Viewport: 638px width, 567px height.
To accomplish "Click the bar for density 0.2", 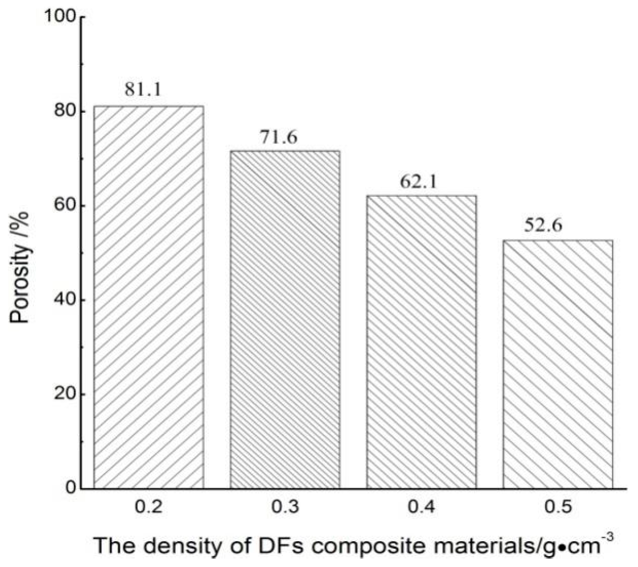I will click(x=149, y=297).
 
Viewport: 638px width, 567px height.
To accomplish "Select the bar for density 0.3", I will click(x=285, y=320).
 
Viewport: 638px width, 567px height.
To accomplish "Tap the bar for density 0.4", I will click(x=421, y=342).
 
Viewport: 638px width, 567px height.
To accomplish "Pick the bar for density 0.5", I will click(x=558, y=364).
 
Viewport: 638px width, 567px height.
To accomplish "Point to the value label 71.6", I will click(x=279, y=137).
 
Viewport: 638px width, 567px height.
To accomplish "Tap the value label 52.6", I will click(x=543, y=226).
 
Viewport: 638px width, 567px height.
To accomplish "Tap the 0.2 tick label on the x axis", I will click(x=149, y=507).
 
